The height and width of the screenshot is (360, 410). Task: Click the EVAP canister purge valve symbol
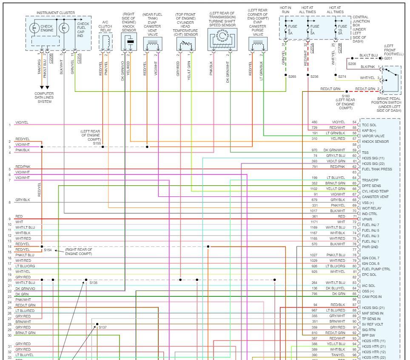click(x=258, y=44)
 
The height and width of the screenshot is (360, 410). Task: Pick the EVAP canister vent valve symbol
click(x=152, y=44)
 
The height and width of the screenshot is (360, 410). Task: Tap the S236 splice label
click(x=314, y=77)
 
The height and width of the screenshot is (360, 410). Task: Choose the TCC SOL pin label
click(x=369, y=125)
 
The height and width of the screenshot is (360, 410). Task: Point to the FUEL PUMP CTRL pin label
click(x=376, y=269)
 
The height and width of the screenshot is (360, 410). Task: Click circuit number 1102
click(x=314, y=189)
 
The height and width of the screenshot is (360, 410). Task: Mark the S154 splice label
click(x=48, y=250)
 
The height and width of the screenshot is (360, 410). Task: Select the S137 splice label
click(x=102, y=327)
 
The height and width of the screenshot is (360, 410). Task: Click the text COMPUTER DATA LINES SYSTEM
click(x=44, y=97)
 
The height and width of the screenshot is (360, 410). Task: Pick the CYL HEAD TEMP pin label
click(x=375, y=191)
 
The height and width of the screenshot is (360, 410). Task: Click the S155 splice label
click(x=97, y=143)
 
